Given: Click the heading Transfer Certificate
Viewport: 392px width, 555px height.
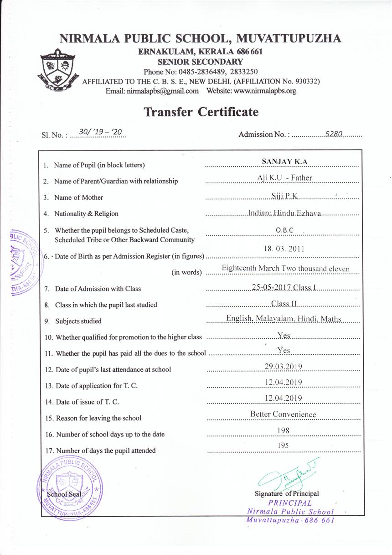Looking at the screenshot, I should click(201, 112).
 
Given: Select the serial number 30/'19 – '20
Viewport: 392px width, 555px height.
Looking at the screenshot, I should click(100, 132).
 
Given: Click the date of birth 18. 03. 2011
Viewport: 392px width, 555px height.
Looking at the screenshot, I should click(284, 249).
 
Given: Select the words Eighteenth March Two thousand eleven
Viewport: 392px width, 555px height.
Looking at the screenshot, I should click(285, 269).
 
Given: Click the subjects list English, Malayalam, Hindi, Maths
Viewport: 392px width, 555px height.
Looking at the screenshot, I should click(284, 319).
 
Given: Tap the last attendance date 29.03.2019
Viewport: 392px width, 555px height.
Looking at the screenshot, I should click(283, 366).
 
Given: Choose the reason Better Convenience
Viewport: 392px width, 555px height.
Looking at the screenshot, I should click(283, 415).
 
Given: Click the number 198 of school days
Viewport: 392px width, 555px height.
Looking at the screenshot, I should click(283, 430).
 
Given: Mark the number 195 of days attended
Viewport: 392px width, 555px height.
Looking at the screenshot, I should click(283, 446).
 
